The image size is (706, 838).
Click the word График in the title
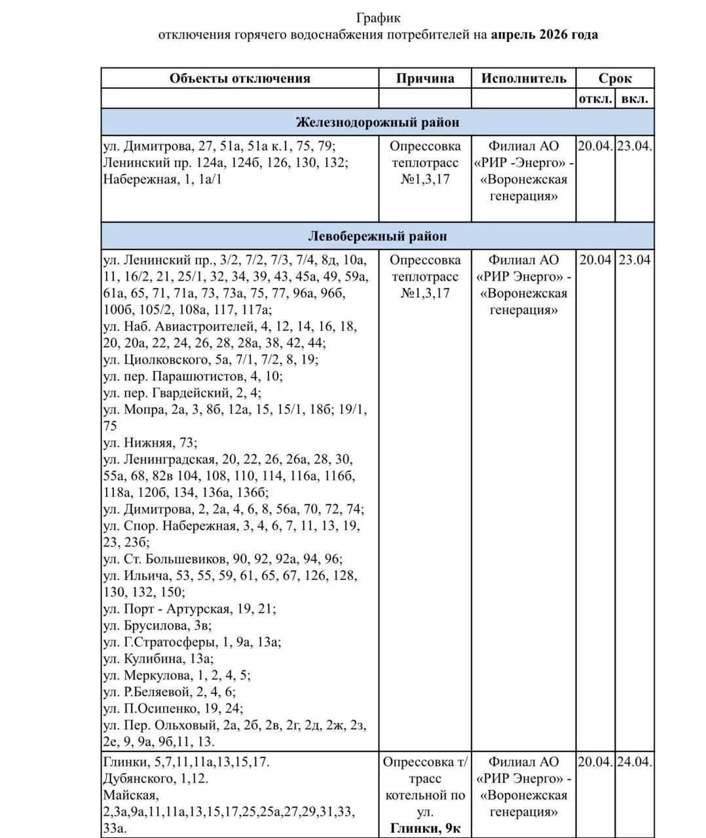[378, 18]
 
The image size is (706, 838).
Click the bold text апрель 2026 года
[544, 35]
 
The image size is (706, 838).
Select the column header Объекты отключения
[240, 79]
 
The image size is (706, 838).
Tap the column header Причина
[425, 79]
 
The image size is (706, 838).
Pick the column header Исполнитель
[523, 79]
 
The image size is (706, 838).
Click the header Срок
[615, 79]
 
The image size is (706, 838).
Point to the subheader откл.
[595, 99]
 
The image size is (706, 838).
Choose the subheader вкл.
[635, 99]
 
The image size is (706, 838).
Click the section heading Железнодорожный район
[377, 122]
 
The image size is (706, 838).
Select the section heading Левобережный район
[377, 236]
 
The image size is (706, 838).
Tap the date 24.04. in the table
[635, 762]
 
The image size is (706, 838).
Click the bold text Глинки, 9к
[425, 829]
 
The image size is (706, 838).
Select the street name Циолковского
[165, 359]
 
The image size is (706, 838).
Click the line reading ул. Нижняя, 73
[150, 443]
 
